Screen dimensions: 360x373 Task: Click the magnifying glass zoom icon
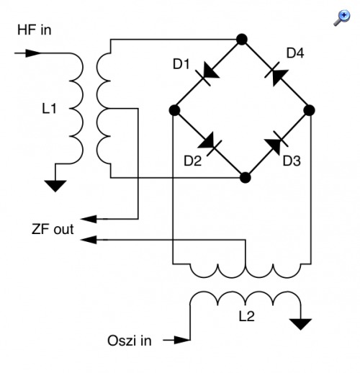tap(342, 18)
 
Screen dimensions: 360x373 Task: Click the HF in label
tap(35, 30)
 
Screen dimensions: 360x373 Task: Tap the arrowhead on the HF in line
tap(33, 53)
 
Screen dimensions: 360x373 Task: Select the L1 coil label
tap(49, 109)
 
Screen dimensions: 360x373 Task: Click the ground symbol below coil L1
tap(55, 186)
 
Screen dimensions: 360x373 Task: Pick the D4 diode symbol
tap(276, 74)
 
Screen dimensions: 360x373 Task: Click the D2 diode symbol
tap(210, 143)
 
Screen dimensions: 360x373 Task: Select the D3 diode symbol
tap(276, 143)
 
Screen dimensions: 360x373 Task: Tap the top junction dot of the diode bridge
tap(242, 40)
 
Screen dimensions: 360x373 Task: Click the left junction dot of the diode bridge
tap(174, 110)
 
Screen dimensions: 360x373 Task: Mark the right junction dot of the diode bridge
tap(309, 110)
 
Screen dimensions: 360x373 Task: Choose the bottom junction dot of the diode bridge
tap(245, 178)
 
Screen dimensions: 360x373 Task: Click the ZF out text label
tap(53, 229)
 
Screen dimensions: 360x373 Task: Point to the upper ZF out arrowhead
tap(89, 219)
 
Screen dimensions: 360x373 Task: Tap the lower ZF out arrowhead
tap(89, 240)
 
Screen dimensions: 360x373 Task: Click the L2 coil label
tap(247, 316)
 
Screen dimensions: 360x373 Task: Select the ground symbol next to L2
tap(300, 325)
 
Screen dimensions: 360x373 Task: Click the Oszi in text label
tap(130, 341)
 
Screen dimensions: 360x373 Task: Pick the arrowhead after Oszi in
tap(182, 340)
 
